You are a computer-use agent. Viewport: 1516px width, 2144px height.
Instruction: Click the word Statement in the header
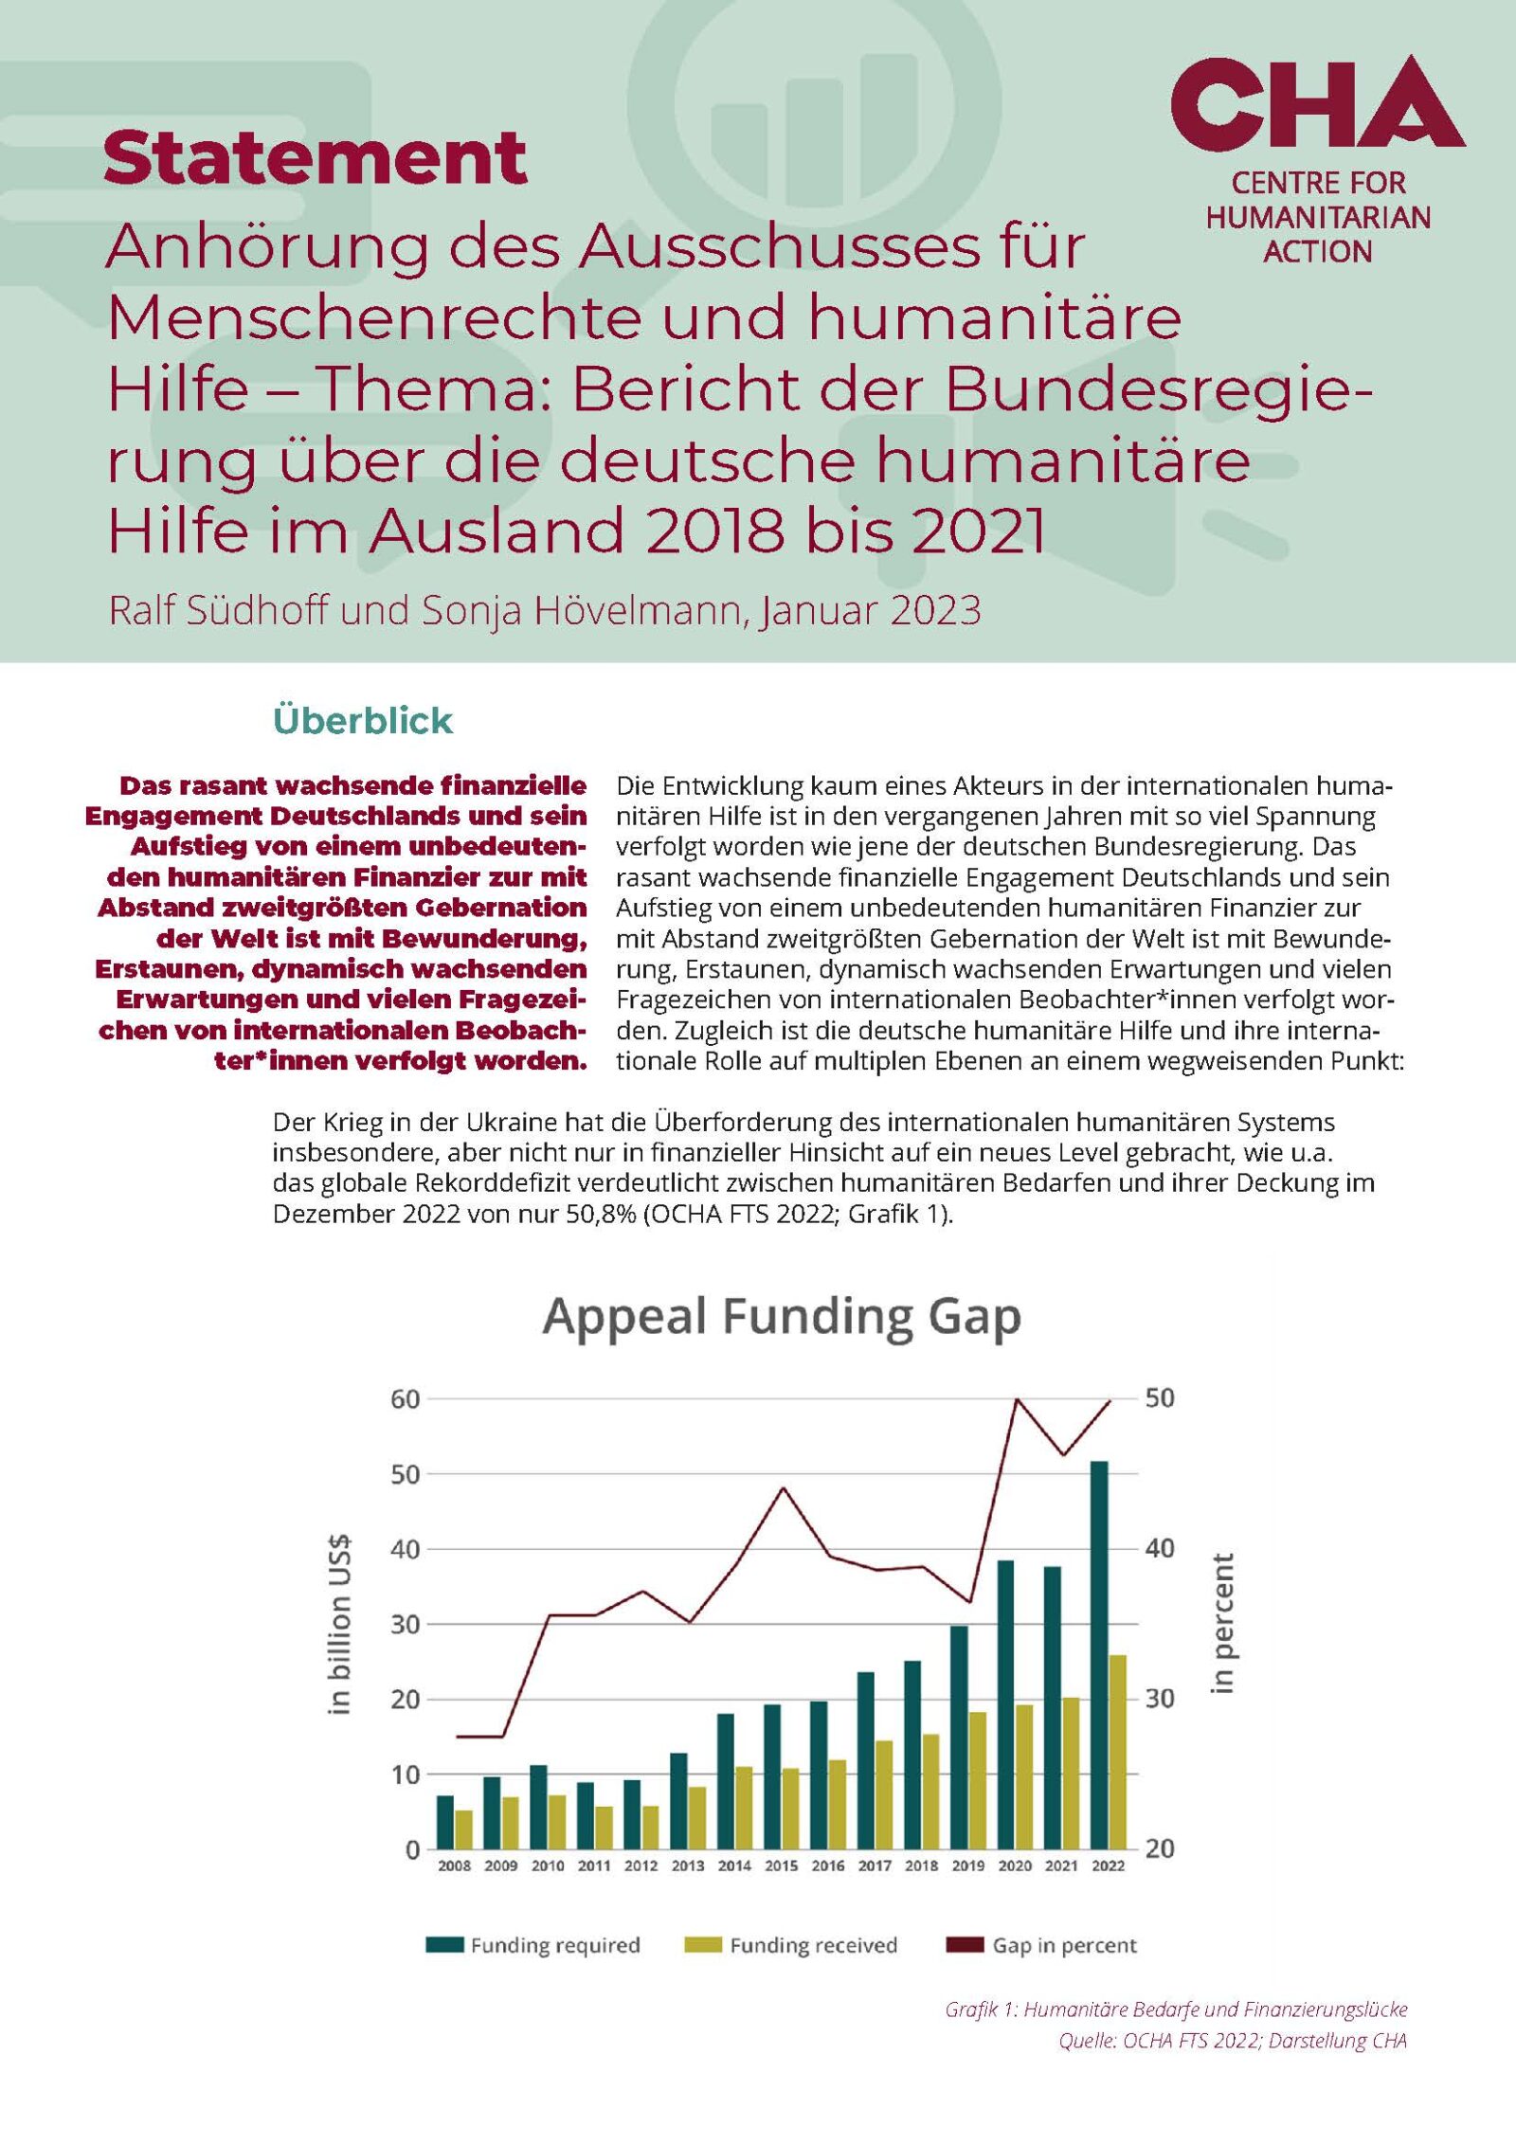tap(315, 157)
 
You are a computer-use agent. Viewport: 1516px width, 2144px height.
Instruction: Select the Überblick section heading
tap(362, 721)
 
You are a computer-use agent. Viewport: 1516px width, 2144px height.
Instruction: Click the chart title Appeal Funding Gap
tap(782, 1317)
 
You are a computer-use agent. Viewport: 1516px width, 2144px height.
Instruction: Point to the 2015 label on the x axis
tap(781, 1865)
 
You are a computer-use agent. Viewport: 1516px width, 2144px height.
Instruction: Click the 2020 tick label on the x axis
tap(1015, 1865)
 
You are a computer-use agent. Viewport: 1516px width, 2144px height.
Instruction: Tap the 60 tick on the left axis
tap(405, 1399)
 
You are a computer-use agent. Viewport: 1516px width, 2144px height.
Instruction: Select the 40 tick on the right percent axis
tap(1160, 1548)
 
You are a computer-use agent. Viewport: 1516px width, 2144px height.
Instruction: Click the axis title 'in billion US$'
tap(339, 1624)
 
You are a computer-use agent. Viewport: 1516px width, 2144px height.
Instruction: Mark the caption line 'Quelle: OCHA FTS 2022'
tap(1232, 2041)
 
